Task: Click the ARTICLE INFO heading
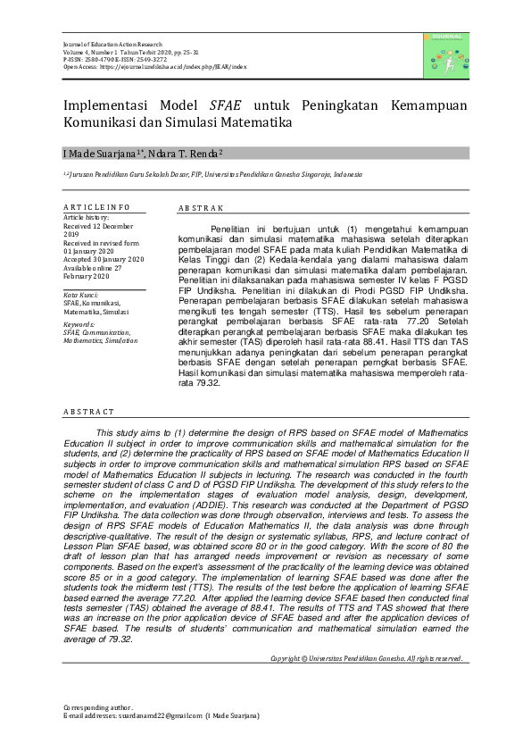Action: [95, 207]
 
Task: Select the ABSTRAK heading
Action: [201, 207]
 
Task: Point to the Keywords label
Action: [79, 325]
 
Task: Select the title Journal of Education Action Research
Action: [113, 44]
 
